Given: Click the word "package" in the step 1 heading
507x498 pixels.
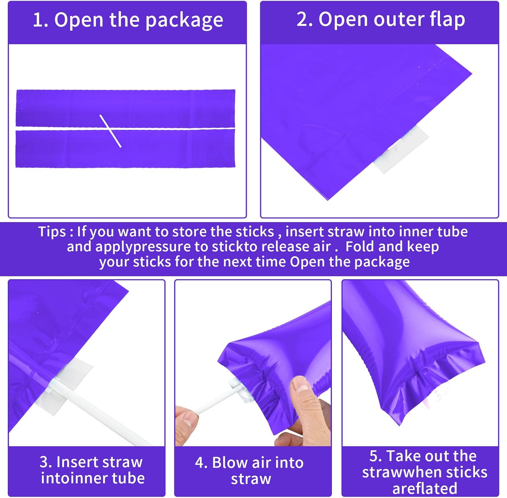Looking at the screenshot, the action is pos(184,21).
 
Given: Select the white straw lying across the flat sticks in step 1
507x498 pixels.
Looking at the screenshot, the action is pos(110,131).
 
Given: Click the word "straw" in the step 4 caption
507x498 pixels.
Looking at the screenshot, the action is pos(251,479).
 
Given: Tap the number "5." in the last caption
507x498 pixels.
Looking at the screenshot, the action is pos(376,456).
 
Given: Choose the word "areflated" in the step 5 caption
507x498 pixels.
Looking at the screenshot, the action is pos(425,489).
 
